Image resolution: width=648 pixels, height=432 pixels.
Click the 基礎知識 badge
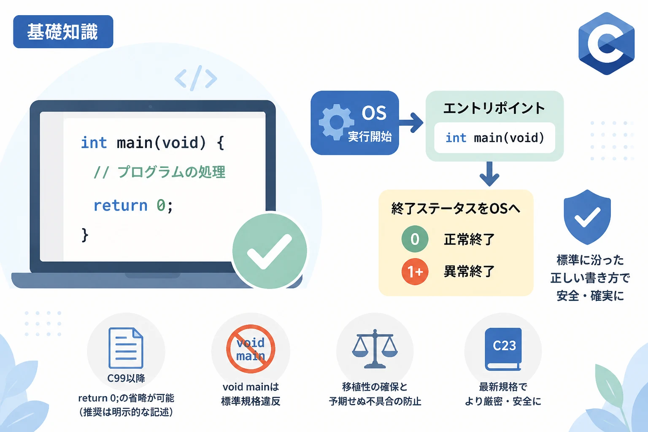[x=63, y=32]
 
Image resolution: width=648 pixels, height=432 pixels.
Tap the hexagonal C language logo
[x=606, y=43]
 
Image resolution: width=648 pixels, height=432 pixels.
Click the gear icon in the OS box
[x=336, y=122]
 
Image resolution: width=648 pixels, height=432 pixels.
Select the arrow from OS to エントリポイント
[x=411, y=123]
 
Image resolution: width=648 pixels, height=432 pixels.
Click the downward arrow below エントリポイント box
[x=489, y=174]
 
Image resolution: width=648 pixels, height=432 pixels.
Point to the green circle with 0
[x=415, y=239]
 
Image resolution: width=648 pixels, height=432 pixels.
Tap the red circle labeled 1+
[x=415, y=271]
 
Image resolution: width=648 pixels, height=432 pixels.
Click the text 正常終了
[x=469, y=239]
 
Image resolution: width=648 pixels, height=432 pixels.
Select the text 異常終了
[x=469, y=271]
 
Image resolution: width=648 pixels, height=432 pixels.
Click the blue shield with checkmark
[x=587, y=217]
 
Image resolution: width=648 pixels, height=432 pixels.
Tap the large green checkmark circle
[x=270, y=251]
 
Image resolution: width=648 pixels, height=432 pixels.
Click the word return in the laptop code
[x=120, y=206]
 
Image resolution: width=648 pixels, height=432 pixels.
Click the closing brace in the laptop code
[x=85, y=235]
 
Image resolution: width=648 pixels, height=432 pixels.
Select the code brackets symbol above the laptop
[x=196, y=78]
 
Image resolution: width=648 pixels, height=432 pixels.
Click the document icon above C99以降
[x=126, y=348]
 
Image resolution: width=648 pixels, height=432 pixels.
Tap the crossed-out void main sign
[x=251, y=348]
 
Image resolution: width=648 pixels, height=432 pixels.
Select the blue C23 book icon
[x=503, y=349]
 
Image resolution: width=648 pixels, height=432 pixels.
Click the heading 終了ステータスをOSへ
[x=456, y=208]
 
